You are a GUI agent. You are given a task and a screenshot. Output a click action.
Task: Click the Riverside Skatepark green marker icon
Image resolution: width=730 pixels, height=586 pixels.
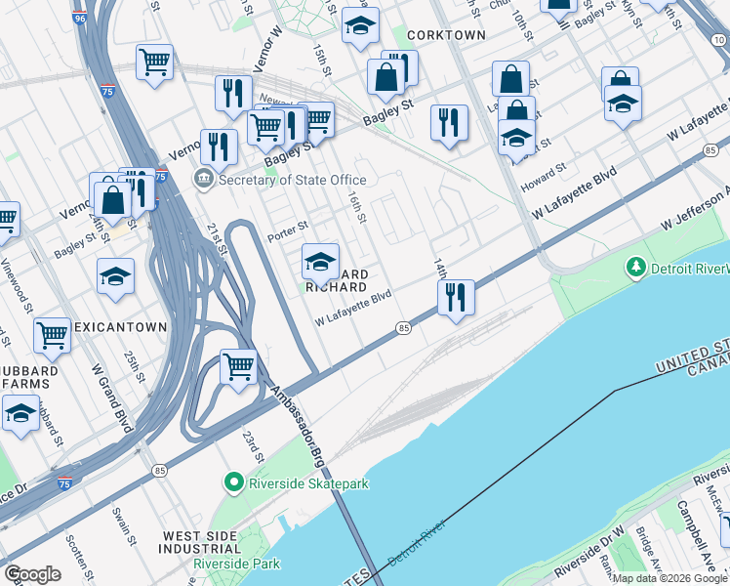(233, 481)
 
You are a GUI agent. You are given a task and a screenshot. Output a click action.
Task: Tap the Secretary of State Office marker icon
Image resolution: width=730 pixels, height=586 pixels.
(204, 179)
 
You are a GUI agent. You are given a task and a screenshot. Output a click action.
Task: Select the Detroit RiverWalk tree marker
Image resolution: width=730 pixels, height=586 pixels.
(636, 267)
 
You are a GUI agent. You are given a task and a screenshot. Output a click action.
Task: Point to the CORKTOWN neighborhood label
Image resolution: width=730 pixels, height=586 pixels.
(445, 34)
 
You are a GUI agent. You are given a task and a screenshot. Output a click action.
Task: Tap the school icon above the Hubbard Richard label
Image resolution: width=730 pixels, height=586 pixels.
(320, 261)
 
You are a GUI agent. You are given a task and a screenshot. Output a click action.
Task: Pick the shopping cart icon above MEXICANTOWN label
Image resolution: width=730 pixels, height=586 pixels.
(52, 335)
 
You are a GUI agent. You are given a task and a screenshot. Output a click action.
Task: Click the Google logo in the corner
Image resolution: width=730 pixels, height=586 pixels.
(32, 574)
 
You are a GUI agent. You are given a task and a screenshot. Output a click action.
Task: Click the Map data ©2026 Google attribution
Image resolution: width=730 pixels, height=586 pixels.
(669, 578)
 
